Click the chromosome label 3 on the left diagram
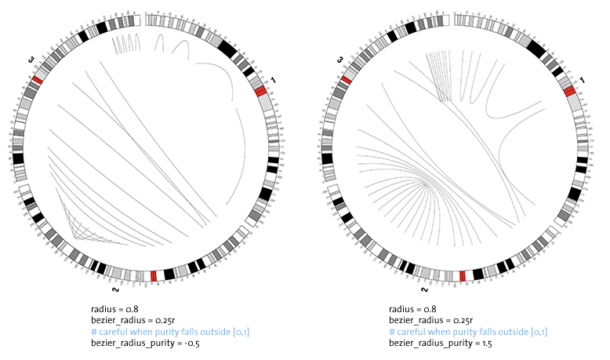coord(32,59)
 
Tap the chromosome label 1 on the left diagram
coord(273,81)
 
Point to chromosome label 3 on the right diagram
coord(341,59)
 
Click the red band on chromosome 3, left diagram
coord(37,81)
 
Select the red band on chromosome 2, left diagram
coord(154,276)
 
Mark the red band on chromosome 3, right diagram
coord(346,81)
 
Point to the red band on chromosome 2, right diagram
coord(463,276)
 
